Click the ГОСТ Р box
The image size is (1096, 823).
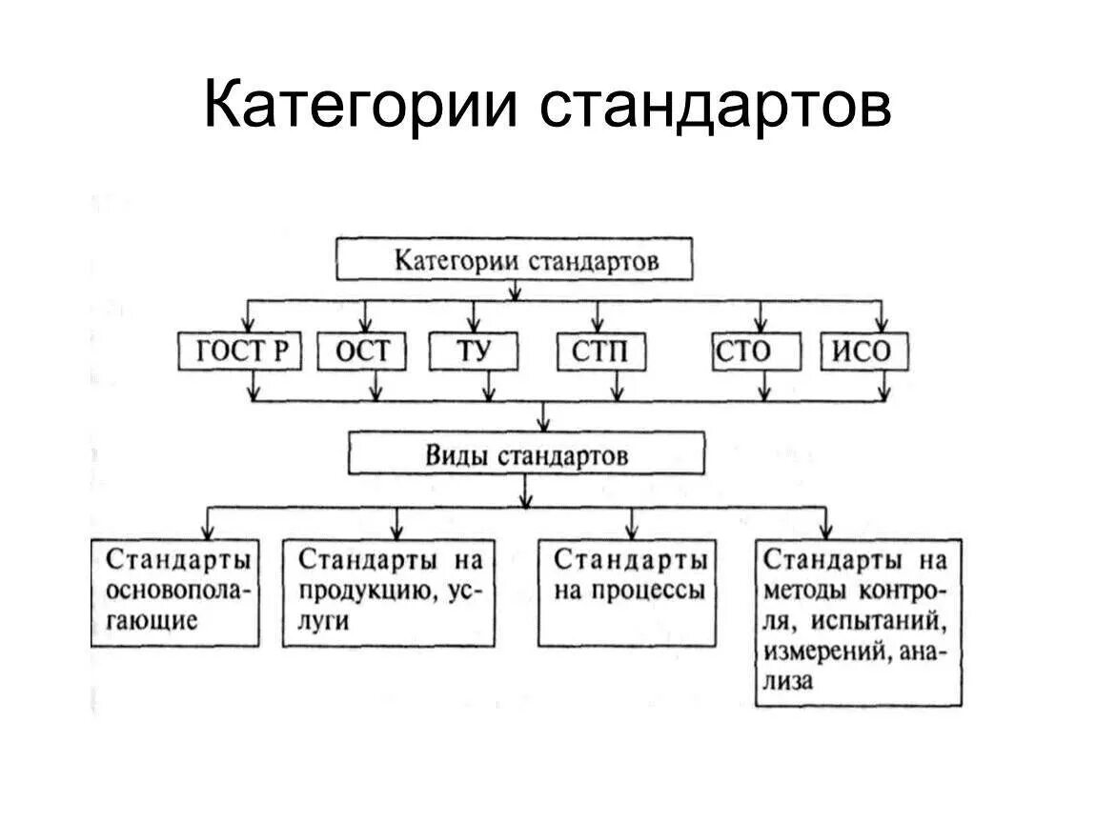240,351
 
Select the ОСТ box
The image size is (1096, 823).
361,351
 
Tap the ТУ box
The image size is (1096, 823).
474,351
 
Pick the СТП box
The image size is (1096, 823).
600,352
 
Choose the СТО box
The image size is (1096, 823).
742,352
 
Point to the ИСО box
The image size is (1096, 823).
864,352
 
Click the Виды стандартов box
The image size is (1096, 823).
526,454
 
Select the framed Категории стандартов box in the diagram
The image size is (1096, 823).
514,260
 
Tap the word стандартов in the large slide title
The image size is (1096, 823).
715,105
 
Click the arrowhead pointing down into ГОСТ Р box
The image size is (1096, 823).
249,324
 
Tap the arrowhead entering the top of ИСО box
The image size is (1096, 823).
882,324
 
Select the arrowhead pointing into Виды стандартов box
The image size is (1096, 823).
543,424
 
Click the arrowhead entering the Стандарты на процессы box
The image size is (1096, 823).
632,530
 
